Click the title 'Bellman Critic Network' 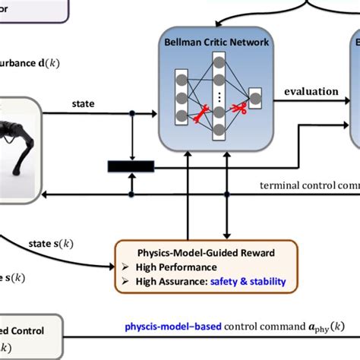(216, 43)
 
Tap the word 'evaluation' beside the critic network (311, 92)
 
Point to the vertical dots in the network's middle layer (219, 96)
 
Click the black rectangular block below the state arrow (131, 166)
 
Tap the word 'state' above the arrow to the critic (84, 102)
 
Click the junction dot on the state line (131, 114)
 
